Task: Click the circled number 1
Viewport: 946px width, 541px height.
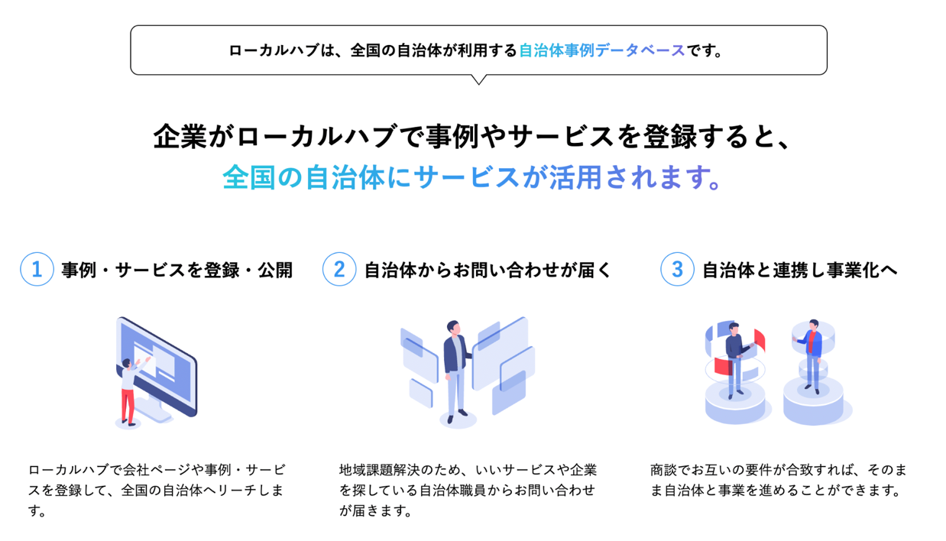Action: (x=37, y=269)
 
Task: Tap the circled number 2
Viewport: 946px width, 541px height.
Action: (x=339, y=269)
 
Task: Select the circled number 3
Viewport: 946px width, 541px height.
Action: (x=676, y=269)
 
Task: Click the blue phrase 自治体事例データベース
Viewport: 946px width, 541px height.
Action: (x=601, y=51)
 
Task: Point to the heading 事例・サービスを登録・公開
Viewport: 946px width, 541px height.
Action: (x=177, y=270)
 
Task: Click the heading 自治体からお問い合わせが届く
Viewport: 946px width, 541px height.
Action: (x=488, y=270)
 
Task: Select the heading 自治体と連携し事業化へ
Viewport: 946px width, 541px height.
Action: (x=799, y=270)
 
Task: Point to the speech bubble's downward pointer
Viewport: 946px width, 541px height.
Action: (x=479, y=79)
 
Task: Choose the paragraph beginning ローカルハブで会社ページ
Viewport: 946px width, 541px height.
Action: (x=157, y=490)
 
